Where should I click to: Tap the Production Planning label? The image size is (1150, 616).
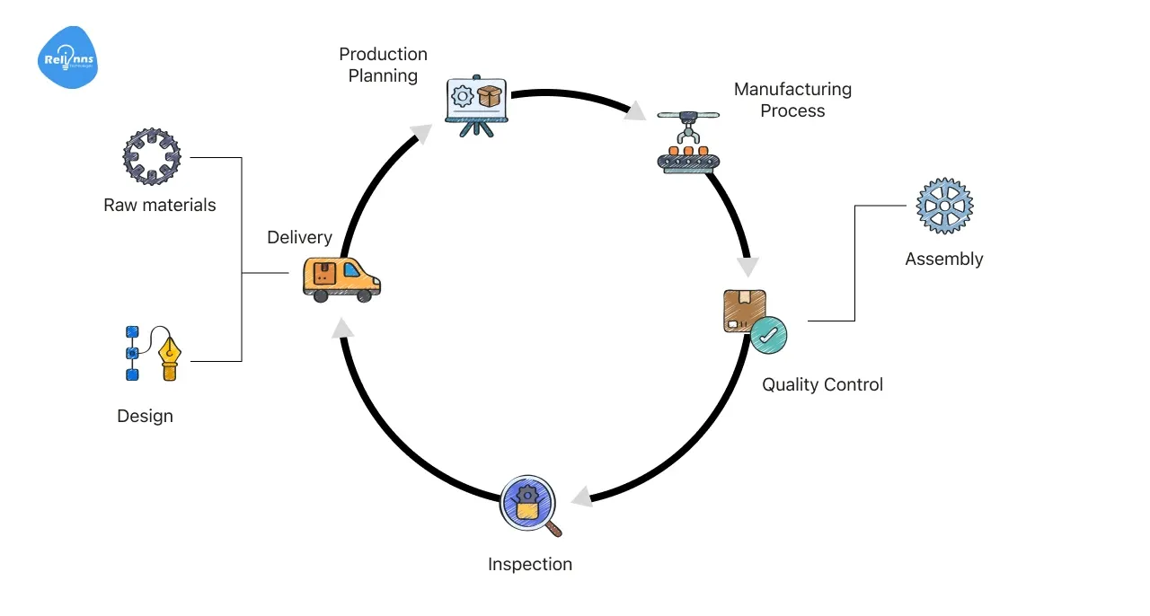[x=384, y=66]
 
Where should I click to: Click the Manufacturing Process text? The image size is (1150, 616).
[x=792, y=100]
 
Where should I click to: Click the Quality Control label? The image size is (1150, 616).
[x=822, y=384]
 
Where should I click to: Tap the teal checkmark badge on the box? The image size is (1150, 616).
[x=769, y=335]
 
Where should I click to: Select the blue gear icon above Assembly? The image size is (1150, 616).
[x=944, y=206]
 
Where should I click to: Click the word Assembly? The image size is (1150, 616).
[x=944, y=260]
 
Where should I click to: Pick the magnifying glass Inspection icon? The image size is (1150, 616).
[x=529, y=503]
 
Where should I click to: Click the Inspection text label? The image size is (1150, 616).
[x=530, y=564]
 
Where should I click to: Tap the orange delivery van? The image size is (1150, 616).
[x=341, y=278]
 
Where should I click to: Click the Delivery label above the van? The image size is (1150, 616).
[x=299, y=238]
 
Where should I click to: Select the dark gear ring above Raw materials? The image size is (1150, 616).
[x=152, y=156]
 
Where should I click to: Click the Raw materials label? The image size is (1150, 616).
[x=160, y=205]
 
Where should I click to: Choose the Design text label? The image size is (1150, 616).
[x=145, y=416]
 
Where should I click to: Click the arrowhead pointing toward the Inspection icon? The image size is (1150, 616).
[x=582, y=496]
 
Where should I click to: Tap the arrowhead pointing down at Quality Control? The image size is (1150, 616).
[x=747, y=267]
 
